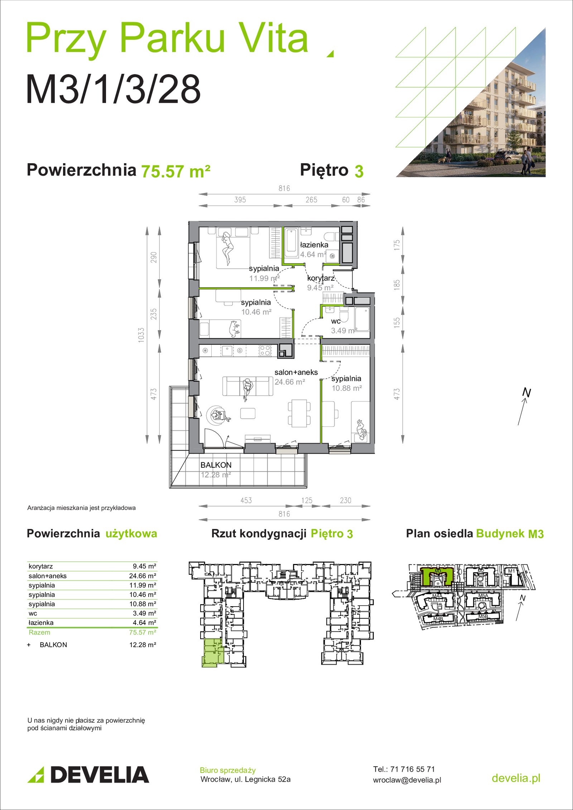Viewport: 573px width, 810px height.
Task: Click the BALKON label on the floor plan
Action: coord(216,465)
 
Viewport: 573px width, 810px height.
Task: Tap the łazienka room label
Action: coord(314,245)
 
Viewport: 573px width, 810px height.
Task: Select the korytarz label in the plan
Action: coord(321,278)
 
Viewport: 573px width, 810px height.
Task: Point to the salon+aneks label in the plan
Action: coord(296,372)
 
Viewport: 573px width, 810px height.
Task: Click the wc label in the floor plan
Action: coord(336,321)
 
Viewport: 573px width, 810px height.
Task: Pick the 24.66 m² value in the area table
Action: coord(143,576)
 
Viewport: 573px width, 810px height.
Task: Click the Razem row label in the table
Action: coord(39,632)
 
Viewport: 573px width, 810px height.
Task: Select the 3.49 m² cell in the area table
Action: coord(144,613)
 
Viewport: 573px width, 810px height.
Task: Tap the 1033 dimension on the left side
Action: coord(141,335)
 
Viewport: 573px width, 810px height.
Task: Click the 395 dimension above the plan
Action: coord(240,200)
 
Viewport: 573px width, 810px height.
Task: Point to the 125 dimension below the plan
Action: coord(307,500)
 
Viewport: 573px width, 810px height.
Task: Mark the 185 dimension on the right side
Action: coord(396,285)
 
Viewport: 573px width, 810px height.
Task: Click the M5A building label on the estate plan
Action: coord(483,596)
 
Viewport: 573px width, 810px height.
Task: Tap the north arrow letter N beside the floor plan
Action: coord(526,392)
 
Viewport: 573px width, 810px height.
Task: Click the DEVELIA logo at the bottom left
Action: coord(88,775)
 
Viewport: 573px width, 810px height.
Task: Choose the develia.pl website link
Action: coord(516,778)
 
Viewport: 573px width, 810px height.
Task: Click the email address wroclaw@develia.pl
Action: coord(407,780)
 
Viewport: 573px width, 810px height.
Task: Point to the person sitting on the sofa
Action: coord(247,387)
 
